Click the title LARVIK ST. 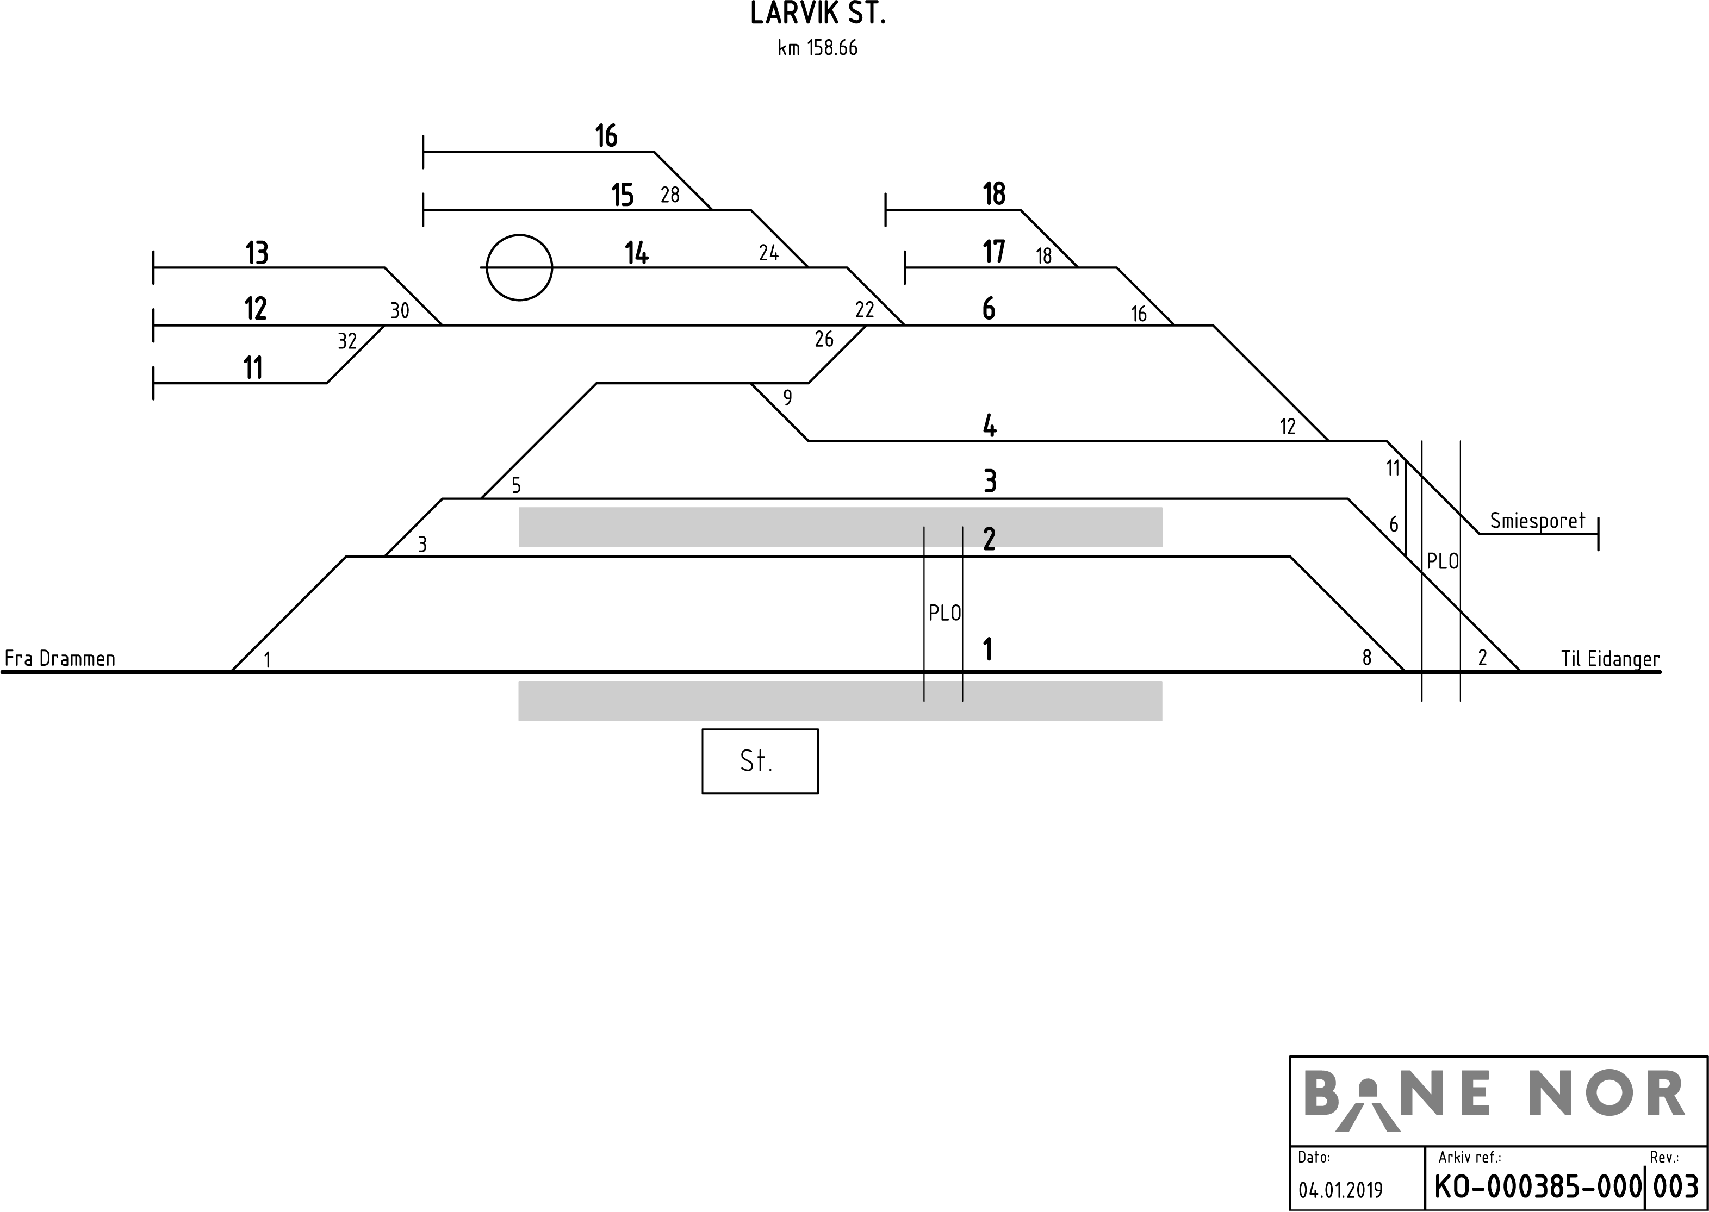818,14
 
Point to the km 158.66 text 818,48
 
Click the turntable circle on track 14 520,267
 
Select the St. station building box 760,761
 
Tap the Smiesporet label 1537,521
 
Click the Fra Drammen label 60,658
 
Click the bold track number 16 606,136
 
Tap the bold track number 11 253,368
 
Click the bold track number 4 989,426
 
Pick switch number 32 347,341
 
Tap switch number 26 824,340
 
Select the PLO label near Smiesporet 1443,561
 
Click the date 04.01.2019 1341,1190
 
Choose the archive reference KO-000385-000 1539,1186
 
